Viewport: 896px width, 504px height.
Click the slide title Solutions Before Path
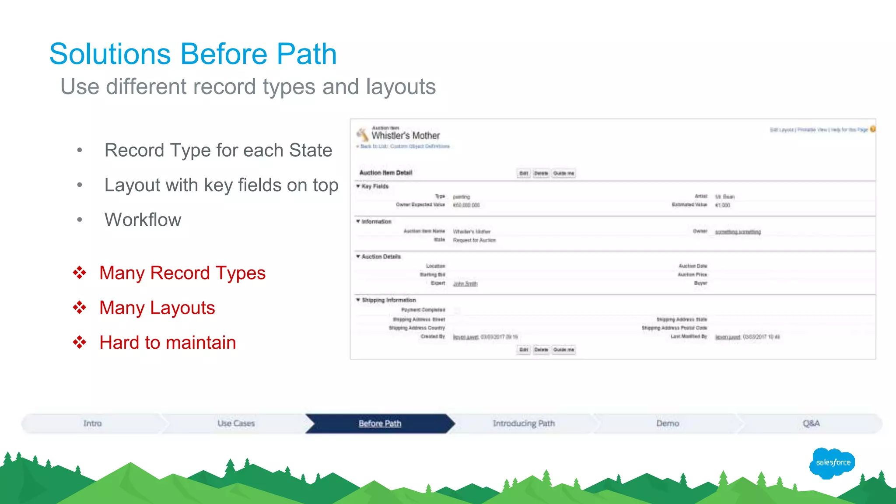point(193,54)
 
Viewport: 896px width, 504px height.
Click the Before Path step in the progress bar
point(380,423)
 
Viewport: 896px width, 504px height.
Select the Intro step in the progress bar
point(92,423)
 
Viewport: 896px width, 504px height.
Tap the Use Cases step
point(236,423)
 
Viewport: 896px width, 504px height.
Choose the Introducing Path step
point(524,423)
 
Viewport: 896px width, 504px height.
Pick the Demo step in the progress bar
point(668,423)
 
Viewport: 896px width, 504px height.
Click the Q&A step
point(811,423)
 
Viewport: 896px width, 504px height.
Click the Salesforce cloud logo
point(833,462)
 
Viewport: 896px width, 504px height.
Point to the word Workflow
point(143,220)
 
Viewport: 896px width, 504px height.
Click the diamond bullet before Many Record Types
point(80,273)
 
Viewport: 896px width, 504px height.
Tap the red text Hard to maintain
point(168,343)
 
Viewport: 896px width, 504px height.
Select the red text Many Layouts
point(157,308)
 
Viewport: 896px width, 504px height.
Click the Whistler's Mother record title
point(406,136)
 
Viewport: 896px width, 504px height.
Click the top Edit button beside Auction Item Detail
point(524,173)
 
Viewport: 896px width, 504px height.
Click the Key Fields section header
point(375,186)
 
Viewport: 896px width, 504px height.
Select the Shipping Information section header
point(388,300)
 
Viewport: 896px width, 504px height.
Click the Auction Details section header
point(381,257)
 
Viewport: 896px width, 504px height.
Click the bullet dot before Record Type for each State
point(80,150)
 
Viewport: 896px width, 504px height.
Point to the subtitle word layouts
point(401,87)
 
